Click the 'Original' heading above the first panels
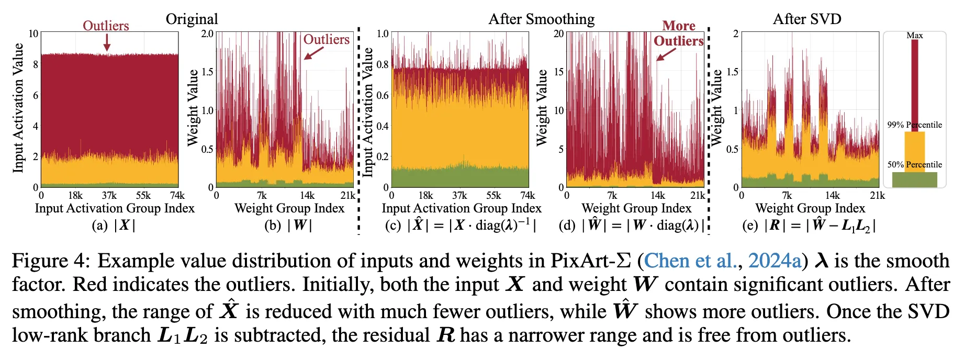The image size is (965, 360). point(192,19)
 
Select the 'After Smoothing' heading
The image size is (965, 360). point(542,19)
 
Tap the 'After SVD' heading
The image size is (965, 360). point(807,19)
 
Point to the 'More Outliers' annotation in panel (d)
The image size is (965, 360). point(679,33)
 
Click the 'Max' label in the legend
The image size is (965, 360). point(915,36)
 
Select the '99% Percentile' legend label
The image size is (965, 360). point(915,125)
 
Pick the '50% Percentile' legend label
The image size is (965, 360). point(915,165)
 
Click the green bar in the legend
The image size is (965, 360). point(915,179)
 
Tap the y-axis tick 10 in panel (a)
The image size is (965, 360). point(33,34)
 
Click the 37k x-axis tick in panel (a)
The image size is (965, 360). point(109,196)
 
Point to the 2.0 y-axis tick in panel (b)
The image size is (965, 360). point(207,34)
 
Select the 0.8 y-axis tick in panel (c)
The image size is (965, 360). point(383,65)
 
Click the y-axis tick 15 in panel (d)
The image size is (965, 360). point(559,72)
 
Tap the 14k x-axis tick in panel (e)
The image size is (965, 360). point(833,196)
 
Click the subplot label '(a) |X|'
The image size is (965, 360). point(114,226)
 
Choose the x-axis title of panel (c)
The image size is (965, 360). point(462,208)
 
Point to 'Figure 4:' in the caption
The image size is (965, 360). point(50,261)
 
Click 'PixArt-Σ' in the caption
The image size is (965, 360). point(590,261)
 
